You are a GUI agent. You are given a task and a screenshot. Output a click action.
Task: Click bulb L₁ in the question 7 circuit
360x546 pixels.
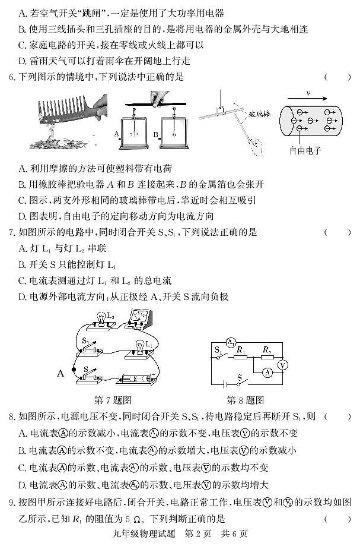click(141, 345)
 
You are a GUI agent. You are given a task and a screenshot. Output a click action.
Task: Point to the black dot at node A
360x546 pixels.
click(74, 371)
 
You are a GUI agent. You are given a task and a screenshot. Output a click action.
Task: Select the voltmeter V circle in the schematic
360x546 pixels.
click(283, 364)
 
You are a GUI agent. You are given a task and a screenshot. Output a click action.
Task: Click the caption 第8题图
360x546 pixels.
click(246, 399)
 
